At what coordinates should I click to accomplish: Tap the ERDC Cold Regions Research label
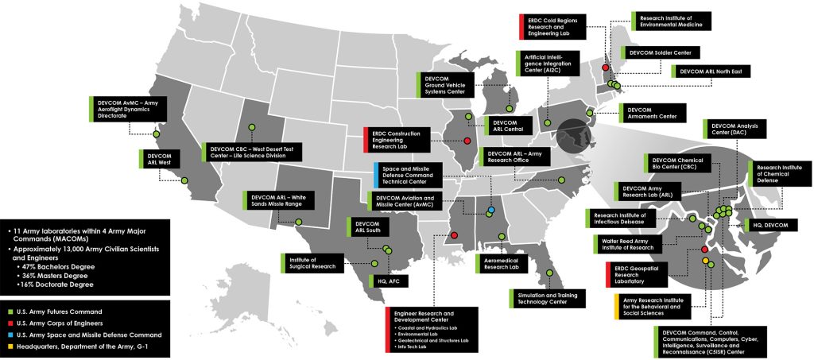[556, 26]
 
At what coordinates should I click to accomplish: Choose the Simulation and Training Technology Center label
[548, 298]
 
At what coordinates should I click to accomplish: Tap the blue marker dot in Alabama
[492, 210]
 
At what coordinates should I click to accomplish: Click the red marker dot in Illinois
[467, 141]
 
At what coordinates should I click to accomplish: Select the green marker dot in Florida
[549, 275]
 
